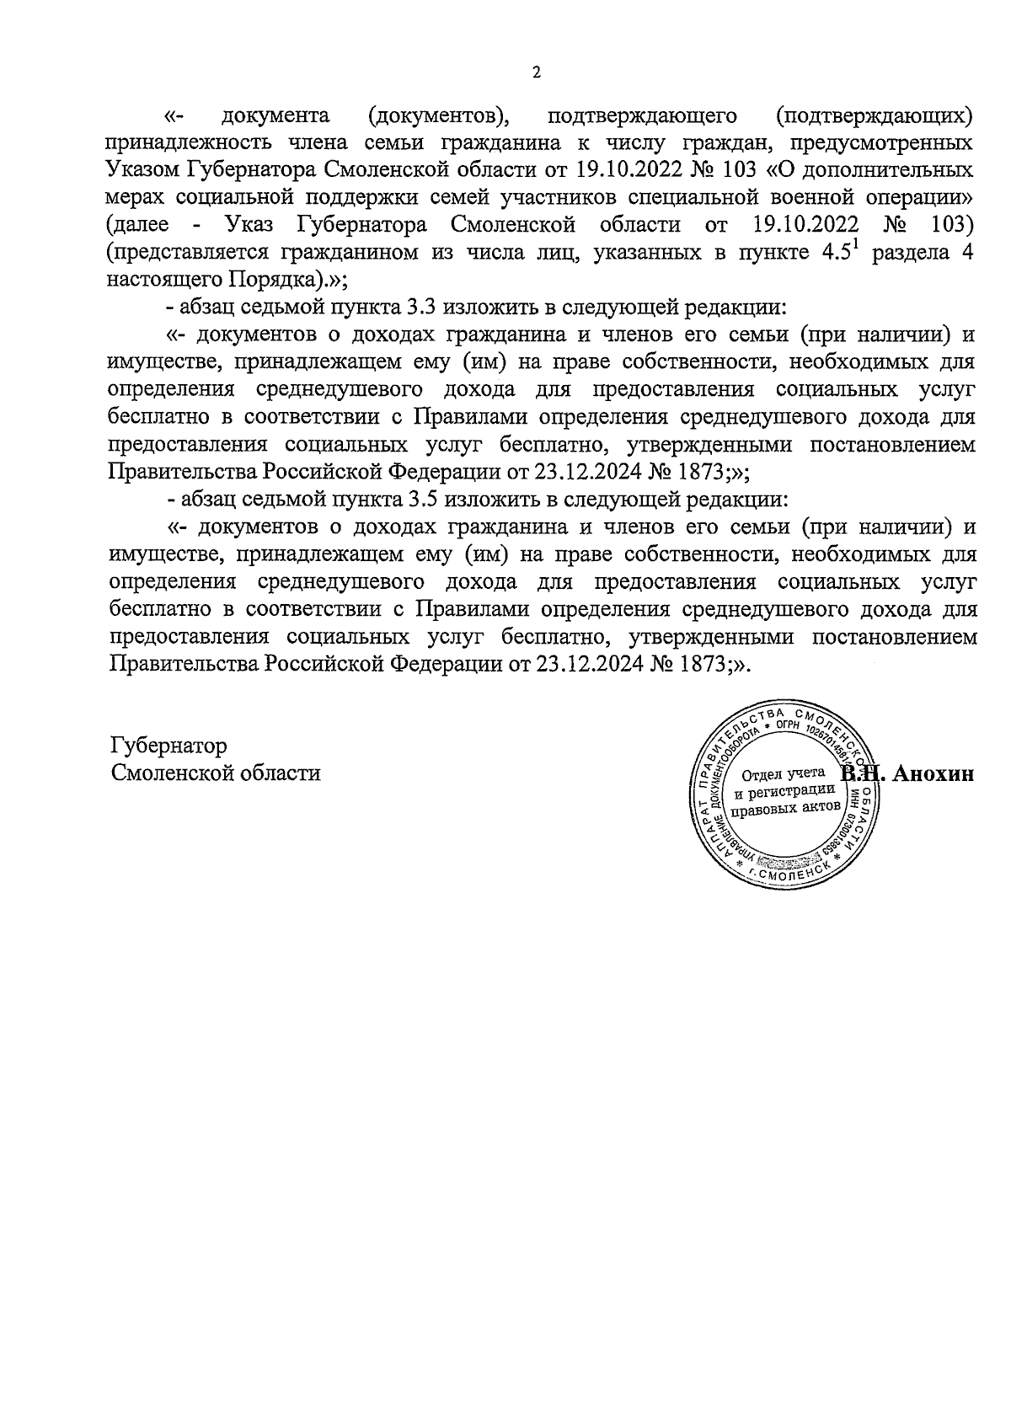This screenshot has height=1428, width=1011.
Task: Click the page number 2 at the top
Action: [536, 72]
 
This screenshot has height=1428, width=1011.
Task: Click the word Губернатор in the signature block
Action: [168, 746]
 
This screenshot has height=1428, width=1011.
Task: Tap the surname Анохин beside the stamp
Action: [932, 774]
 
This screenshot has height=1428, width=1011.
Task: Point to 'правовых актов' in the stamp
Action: [784, 808]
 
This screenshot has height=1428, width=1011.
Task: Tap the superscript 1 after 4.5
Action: [859, 245]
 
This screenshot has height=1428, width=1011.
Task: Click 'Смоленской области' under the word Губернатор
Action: [216, 773]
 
